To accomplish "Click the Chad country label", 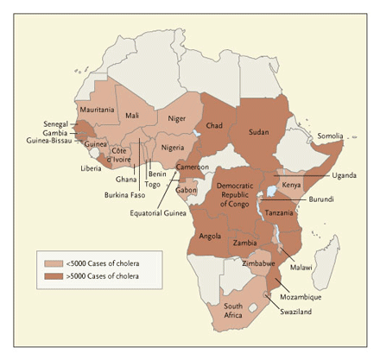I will (215, 125).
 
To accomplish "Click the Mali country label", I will (131, 115).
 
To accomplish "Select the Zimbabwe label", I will (259, 262).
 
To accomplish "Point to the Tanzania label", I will (279, 212).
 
